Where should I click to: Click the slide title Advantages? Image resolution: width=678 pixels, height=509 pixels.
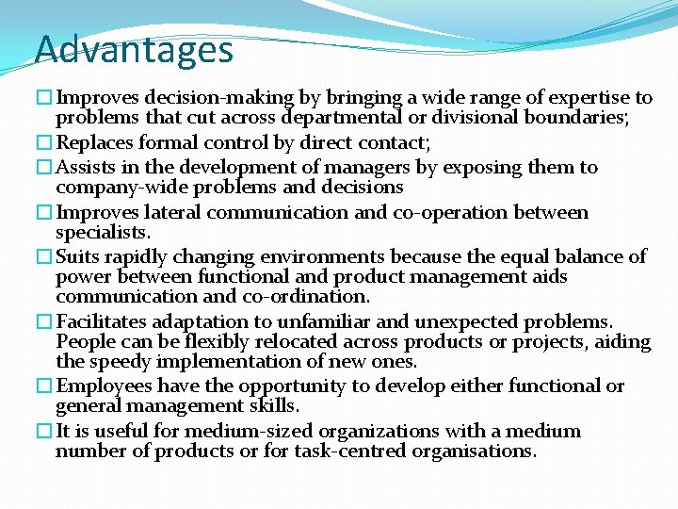pos(134,49)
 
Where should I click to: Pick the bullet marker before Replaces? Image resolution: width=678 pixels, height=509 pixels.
pos(44,143)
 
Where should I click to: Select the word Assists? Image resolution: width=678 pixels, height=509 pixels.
pos(87,168)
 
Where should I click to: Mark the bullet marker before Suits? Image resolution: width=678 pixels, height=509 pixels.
pos(44,257)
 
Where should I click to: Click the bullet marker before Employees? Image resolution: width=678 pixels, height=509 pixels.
pos(44,386)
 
